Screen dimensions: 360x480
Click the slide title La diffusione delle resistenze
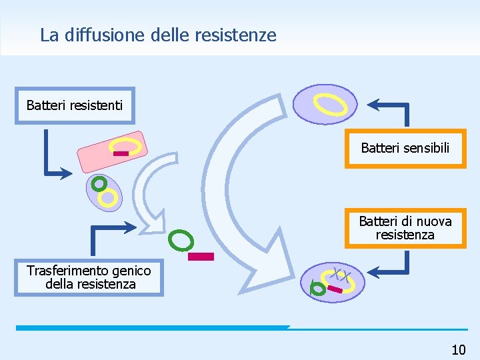[x=158, y=35]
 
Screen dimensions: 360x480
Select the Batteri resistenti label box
[x=75, y=105]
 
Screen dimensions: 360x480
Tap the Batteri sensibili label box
[x=405, y=148]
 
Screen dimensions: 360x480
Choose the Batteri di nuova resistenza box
[x=405, y=228]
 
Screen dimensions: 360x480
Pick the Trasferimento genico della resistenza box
[x=89, y=277]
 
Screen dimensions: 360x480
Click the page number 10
[x=458, y=349]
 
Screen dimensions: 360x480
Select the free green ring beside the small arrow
[x=181, y=239]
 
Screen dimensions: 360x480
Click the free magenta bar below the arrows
[x=201, y=256]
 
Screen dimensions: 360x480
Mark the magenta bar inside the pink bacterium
[x=121, y=154]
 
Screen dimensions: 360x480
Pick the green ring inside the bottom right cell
[x=319, y=289]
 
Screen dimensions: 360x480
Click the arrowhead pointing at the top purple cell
[x=374, y=104]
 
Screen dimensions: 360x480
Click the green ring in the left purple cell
[x=99, y=182]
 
